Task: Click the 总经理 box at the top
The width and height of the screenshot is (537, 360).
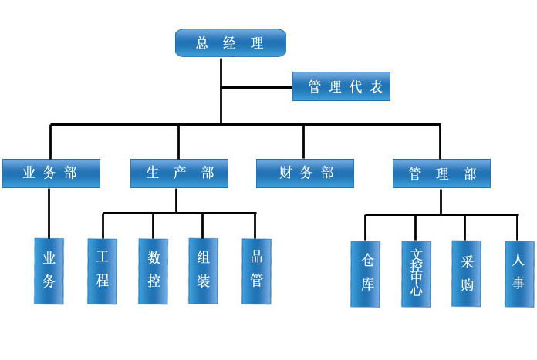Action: (x=231, y=42)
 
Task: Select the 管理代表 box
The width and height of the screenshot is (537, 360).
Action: (x=341, y=86)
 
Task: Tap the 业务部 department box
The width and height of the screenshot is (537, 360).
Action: (x=51, y=173)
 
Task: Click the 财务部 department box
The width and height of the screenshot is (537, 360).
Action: (x=305, y=173)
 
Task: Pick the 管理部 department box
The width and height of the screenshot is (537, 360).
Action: (x=441, y=173)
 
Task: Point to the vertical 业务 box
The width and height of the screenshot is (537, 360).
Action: (x=49, y=271)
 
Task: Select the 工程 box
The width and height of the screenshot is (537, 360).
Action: (x=102, y=271)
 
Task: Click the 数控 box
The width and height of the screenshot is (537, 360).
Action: (x=153, y=271)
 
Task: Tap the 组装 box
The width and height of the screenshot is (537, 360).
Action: (x=203, y=271)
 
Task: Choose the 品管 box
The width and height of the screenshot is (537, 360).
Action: (x=256, y=271)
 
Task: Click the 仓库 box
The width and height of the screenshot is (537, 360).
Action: (x=366, y=274)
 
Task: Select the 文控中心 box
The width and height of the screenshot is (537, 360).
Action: (x=417, y=274)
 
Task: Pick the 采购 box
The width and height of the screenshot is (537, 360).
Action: (x=466, y=274)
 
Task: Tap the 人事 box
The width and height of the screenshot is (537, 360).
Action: (x=518, y=274)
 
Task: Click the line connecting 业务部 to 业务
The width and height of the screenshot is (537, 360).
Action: (x=49, y=213)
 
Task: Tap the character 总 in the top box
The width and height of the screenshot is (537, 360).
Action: (x=203, y=42)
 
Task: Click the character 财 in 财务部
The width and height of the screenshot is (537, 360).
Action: (x=286, y=173)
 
